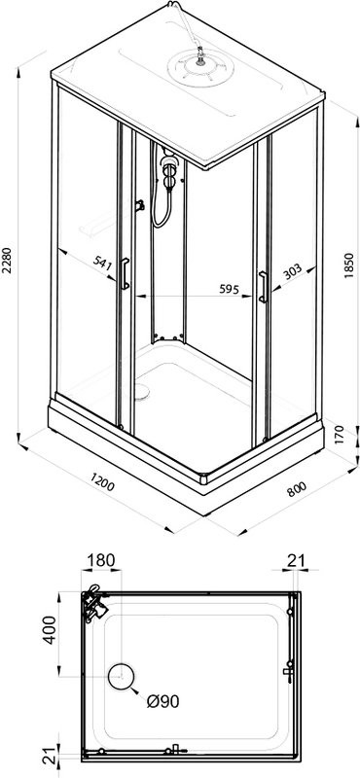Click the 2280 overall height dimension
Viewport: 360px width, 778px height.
(x=7, y=261)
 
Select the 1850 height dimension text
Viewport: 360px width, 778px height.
(x=349, y=265)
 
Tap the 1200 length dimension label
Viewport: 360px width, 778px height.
(x=102, y=481)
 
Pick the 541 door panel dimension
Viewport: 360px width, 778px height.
(x=103, y=262)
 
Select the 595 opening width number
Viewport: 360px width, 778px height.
(x=230, y=289)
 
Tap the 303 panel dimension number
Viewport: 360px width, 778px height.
(x=293, y=271)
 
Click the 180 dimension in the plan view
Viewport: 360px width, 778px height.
(x=101, y=560)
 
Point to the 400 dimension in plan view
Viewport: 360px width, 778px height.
(x=50, y=629)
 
